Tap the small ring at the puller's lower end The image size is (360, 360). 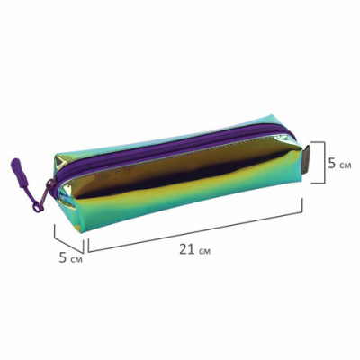37,207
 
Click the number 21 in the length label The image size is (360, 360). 187,249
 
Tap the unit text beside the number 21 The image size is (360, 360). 205,251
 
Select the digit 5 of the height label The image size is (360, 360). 332,164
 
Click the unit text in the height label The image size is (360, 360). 345,166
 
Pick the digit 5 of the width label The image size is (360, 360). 63,257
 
